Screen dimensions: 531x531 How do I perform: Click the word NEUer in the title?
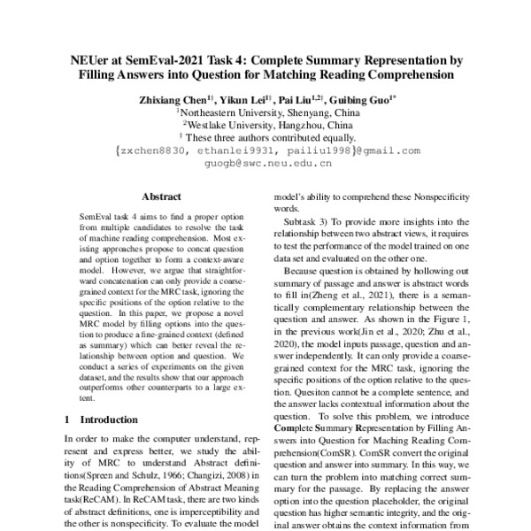92,61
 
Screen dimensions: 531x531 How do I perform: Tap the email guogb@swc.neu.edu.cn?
266,164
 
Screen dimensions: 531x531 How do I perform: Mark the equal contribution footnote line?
265,139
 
